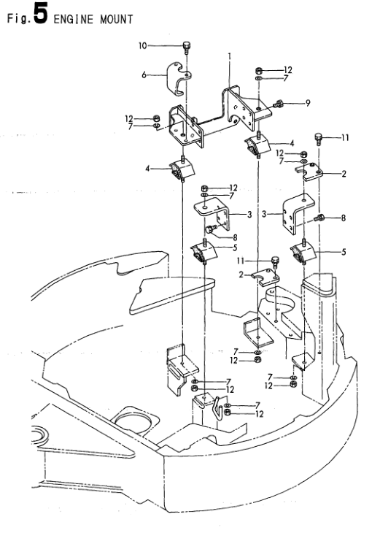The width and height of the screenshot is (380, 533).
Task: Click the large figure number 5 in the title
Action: pyautogui.click(x=41, y=14)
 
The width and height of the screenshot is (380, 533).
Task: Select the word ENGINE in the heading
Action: pyautogui.click(x=73, y=20)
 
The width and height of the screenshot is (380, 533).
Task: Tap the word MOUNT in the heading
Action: pyautogui.click(x=117, y=20)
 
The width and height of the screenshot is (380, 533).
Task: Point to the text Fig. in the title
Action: pyautogui.click(x=19, y=18)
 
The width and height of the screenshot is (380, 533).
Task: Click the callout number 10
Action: pyautogui.click(x=143, y=45)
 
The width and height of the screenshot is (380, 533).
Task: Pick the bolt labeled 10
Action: pyautogui.click(x=187, y=47)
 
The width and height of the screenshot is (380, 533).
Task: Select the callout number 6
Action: pyautogui.click(x=144, y=74)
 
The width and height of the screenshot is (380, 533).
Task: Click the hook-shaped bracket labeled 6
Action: pyautogui.click(x=178, y=79)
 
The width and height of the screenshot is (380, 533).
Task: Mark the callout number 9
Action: pyautogui.click(x=308, y=103)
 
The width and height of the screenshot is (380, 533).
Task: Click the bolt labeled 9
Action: pyautogui.click(x=278, y=104)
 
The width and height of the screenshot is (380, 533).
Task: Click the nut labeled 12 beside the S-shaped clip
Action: pyautogui.click(x=228, y=413)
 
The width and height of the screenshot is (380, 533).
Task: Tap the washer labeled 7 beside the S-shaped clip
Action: pyautogui.click(x=227, y=405)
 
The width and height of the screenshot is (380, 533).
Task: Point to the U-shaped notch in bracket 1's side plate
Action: pyautogui.click(x=233, y=119)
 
